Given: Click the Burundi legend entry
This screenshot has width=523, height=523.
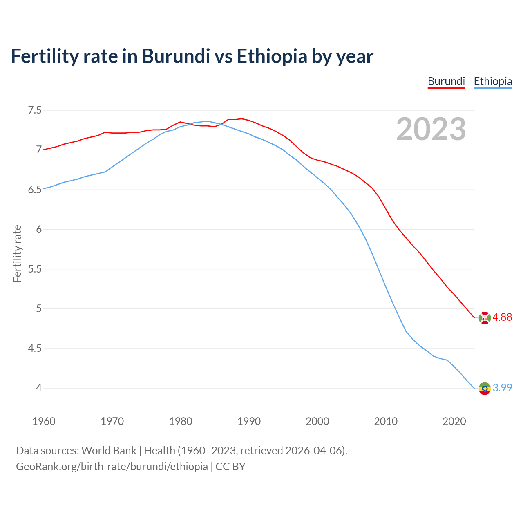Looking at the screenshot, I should point(446,81).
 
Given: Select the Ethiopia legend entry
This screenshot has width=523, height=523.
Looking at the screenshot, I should point(493,81).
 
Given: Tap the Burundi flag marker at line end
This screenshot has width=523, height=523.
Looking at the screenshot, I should point(485,317).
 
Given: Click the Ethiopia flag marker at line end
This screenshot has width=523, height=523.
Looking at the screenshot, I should point(485,388).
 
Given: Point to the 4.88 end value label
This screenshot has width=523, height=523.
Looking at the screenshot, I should point(502,317).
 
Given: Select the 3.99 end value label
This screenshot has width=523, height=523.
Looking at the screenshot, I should point(502,388).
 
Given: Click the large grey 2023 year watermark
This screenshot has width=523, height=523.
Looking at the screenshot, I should point(431,129).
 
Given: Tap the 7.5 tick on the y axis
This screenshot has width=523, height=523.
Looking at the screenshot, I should point(35,110).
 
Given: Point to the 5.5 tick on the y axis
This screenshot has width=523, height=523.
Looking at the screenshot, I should point(35,269).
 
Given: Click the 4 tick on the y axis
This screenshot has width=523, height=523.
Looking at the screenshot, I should point(39,388).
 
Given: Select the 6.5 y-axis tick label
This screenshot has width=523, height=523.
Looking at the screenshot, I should point(35,190).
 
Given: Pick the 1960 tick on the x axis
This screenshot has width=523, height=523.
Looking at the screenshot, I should point(44,421).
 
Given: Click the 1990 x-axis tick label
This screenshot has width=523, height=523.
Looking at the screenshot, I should point(249,421).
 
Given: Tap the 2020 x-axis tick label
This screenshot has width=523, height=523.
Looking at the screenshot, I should point(454,421).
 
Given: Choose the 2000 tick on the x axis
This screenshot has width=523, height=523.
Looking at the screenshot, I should point(317,421).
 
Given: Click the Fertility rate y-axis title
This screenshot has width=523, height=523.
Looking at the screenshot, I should point(17,253).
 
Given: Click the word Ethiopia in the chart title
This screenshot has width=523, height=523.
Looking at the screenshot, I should point(272,56).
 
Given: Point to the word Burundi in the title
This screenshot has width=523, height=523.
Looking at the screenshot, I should point(176,56).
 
